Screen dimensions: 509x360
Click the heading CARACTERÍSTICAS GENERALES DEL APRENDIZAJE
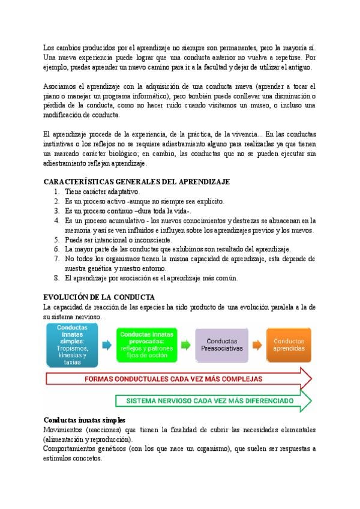tap(137, 181)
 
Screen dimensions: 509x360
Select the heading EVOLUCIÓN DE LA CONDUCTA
tap(100, 297)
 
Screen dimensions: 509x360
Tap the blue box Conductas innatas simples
tap(72, 345)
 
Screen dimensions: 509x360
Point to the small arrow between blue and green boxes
tap(107, 345)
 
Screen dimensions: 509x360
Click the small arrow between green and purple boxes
tap(187, 344)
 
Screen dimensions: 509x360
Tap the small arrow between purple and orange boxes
tap(256, 344)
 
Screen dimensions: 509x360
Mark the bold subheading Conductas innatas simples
tap(85, 420)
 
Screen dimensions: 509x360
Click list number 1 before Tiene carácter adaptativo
tap(56, 191)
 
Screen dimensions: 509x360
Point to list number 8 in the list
tap(56, 278)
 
